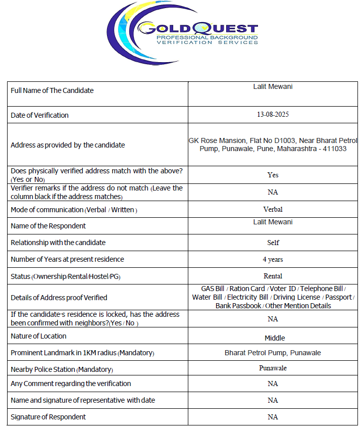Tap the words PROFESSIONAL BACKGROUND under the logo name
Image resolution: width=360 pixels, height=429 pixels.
(x=207, y=38)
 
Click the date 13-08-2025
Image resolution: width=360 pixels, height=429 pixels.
(x=273, y=115)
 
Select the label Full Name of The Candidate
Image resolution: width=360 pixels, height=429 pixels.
(x=52, y=90)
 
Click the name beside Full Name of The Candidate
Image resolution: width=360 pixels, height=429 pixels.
(x=273, y=86)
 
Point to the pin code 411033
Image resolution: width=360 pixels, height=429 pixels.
(x=335, y=149)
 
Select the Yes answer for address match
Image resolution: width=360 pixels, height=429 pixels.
(x=273, y=175)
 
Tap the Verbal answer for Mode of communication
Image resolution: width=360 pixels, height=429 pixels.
(x=273, y=209)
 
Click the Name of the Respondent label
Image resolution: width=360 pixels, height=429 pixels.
(x=48, y=226)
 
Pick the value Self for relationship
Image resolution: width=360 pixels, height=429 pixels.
(x=273, y=243)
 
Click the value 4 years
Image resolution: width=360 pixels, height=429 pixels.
(x=273, y=259)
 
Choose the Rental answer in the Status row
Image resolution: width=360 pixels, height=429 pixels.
(x=273, y=276)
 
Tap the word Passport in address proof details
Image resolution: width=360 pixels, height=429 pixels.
(x=338, y=297)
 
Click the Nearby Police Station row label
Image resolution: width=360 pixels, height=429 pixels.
(x=62, y=369)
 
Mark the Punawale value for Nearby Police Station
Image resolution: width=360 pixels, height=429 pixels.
(x=273, y=368)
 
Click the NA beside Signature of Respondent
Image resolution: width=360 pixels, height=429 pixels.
(x=273, y=417)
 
